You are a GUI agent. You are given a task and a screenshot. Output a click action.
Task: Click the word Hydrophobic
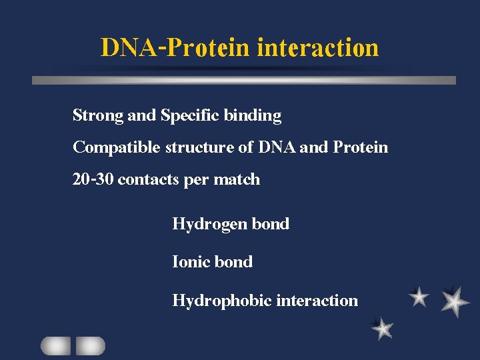(x=222, y=301)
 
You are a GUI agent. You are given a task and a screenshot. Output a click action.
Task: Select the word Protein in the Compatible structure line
(x=361, y=147)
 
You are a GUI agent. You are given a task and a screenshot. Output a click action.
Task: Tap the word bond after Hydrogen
(x=271, y=224)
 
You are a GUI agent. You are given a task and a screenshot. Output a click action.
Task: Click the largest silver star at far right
(x=455, y=301)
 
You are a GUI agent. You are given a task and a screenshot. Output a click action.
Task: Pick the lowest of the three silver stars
(x=383, y=328)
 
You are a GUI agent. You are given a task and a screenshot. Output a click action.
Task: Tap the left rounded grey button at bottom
(x=55, y=345)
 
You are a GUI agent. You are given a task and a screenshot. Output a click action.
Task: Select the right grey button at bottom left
(x=90, y=345)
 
